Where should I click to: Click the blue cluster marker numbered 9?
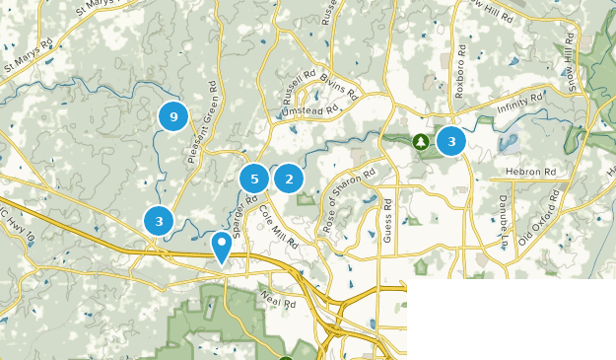(x=173, y=117)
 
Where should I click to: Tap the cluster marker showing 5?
(x=254, y=179)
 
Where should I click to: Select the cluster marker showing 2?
(x=289, y=179)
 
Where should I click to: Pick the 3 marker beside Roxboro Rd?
(x=451, y=141)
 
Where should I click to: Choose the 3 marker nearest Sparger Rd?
(x=159, y=221)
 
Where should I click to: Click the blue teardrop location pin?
(x=223, y=245)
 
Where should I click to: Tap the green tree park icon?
(x=421, y=142)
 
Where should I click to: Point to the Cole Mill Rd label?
(x=282, y=236)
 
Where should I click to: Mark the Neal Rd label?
(x=278, y=295)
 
